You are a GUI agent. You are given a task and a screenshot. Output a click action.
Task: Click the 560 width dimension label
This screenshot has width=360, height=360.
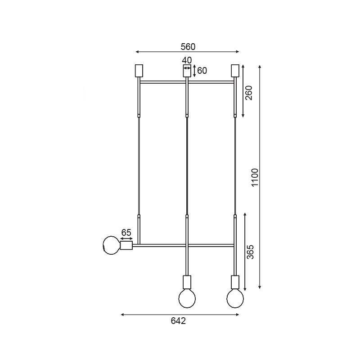click(188, 46)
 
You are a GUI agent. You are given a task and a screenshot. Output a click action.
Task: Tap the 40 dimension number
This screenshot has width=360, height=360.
click(187, 60)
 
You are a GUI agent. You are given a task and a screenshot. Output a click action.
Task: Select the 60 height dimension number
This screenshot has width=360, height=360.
click(202, 71)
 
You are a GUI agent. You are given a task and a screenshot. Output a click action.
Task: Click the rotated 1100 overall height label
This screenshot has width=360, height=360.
click(255, 178)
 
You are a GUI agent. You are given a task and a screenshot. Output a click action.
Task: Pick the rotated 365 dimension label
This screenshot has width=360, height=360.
click(251, 252)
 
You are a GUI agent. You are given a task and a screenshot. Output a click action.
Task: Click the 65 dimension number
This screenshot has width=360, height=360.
click(126, 233)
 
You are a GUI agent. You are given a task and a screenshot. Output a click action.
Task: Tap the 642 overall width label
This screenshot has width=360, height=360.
click(178, 321)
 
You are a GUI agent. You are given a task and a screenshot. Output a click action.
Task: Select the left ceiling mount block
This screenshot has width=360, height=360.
click(139, 71)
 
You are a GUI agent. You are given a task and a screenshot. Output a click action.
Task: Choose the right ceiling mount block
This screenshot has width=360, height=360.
click(234, 71)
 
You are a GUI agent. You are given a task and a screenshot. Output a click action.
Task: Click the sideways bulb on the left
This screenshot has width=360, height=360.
click(111, 245)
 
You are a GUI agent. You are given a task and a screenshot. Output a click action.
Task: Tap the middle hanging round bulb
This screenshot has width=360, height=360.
click(187, 297)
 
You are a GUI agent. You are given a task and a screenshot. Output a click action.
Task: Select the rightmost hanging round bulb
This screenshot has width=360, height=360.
click(235, 298)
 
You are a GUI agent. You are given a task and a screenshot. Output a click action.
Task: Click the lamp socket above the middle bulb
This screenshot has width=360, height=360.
click(187, 282)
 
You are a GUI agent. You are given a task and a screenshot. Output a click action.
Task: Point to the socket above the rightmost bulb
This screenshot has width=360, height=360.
click(235, 282)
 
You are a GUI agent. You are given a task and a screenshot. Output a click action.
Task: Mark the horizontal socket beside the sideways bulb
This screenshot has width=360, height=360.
click(126, 245)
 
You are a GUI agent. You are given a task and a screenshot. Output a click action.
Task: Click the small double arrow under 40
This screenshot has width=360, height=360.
click(187, 67)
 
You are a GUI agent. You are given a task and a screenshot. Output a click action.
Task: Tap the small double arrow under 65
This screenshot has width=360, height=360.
click(126, 239)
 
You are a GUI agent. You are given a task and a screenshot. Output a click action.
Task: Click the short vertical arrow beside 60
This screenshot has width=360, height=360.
click(194, 71)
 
